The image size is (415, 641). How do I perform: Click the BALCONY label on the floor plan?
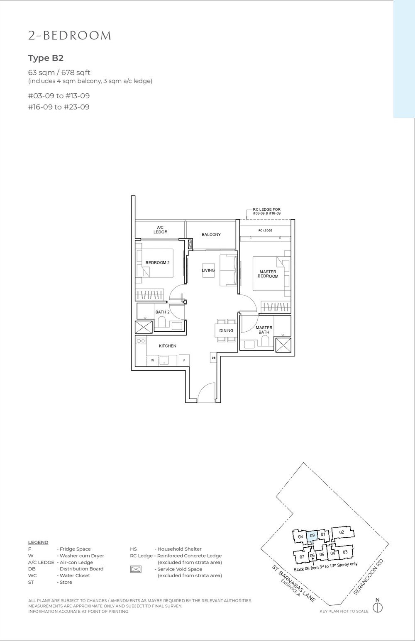click(211, 235)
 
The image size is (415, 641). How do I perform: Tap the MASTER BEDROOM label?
click(268, 274)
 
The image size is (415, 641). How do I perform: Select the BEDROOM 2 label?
click(157, 262)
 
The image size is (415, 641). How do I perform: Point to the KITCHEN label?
click(167, 346)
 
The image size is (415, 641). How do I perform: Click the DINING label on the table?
click(226, 330)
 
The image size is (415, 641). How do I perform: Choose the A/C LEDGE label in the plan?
click(160, 229)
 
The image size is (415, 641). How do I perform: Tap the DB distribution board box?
click(213, 358)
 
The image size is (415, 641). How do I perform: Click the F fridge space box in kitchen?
click(184, 360)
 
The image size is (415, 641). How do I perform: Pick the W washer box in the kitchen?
click(153, 360)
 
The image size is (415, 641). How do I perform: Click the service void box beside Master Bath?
click(284, 346)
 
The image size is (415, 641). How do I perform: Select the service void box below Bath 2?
click(144, 328)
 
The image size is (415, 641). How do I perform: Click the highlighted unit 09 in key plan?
click(312, 535)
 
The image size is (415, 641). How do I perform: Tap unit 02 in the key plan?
click(341, 532)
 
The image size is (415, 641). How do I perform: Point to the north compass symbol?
click(377, 608)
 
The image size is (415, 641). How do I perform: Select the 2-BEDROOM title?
click(70, 36)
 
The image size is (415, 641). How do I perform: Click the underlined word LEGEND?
click(38, 542)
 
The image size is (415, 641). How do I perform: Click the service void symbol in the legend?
click(136, 569)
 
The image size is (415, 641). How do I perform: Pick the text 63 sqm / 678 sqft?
click(59, 73)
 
